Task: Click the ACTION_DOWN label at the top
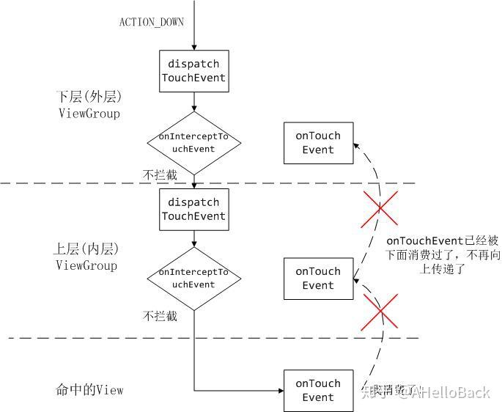tap(151, 21)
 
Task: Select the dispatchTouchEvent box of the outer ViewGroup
tap(193, 70)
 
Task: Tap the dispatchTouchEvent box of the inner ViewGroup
tap(193, 209)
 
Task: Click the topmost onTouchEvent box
tap(318, 143)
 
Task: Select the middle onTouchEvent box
tap(318, 279)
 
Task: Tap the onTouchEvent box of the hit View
tap(318, 391)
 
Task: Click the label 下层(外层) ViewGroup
tap(88, 105)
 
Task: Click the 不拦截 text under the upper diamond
tap(159, 175)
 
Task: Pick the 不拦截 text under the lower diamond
tap(160, 316)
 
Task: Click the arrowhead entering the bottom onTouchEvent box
tap(279, 391)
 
